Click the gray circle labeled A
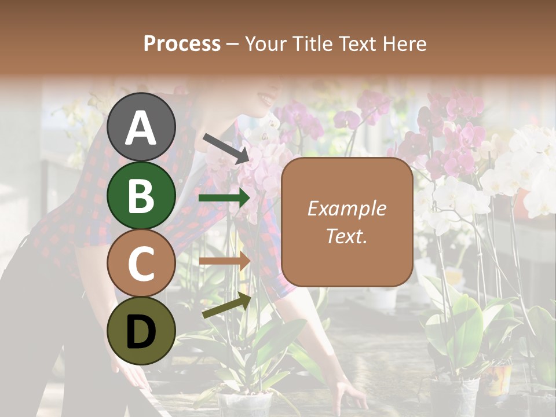click(141, 127)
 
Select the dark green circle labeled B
click(141, 195)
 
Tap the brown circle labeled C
click(141, 263)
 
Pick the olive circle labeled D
click(141, 331)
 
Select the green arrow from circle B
click(224, 198)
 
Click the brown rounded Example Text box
click(346, 222)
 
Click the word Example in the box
click(346, 209)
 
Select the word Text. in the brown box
click(346, 236)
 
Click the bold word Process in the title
click(182, 43)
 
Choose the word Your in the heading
click(264, 43)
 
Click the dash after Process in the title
click(232, 44)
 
